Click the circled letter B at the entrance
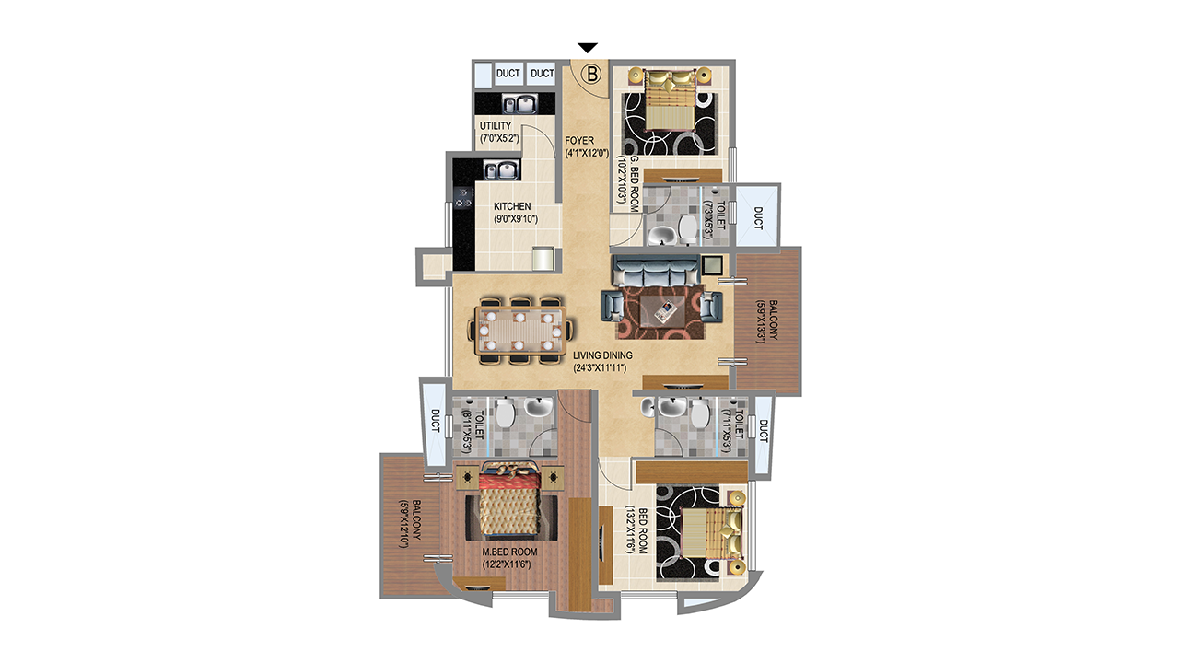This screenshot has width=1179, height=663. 591,75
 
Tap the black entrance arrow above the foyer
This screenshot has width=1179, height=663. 588,48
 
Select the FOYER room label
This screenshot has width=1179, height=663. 579,141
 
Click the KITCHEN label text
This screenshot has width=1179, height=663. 512,206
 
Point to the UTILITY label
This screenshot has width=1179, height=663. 496,126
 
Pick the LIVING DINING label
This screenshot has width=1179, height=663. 602,355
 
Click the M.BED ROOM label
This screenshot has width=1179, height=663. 510,552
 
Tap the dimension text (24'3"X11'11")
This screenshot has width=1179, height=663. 600,367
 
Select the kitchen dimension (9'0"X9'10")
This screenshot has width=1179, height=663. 515,219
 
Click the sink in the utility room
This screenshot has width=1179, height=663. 149,103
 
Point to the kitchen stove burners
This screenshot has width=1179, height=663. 94,198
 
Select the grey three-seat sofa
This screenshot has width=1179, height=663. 656,270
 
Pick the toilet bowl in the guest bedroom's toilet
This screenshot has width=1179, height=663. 687,228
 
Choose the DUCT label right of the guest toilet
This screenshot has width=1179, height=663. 758,218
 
